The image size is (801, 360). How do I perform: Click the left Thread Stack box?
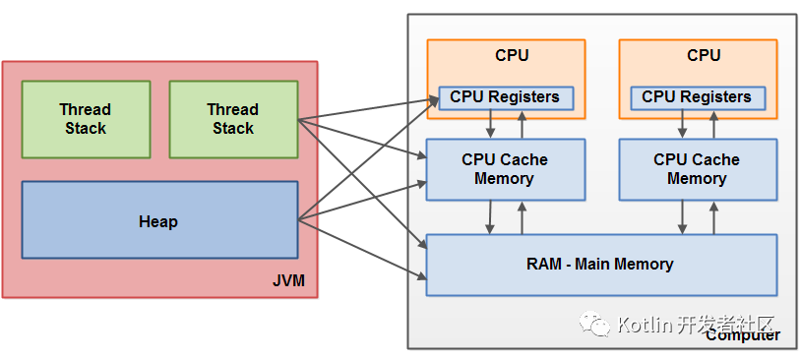click(86, 119)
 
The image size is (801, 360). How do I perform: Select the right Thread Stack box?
click(233, 119)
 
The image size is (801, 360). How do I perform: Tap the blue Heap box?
click(159, 220)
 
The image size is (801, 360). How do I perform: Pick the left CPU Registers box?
click(505, 97)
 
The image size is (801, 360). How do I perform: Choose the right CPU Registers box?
click(697, 97)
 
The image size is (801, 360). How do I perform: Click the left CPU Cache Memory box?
click(505, 169)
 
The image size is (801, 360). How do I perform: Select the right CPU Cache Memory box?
click(697, 169)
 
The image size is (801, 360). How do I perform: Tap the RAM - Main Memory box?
click(600, 265)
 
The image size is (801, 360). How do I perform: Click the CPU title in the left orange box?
click(512, 55)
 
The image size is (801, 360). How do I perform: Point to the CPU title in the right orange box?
click(704, 55)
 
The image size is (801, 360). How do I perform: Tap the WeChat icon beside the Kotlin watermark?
click(595, 324)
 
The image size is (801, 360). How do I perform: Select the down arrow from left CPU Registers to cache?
click(490, 124)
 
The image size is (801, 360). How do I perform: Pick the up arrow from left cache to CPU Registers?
click(522, 124)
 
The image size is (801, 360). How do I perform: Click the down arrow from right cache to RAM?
click(682, 217)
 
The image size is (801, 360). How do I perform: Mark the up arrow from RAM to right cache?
click(713, 217)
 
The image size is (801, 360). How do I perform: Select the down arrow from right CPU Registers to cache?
click(682, 124)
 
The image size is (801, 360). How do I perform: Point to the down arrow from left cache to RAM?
click(490, 217)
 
